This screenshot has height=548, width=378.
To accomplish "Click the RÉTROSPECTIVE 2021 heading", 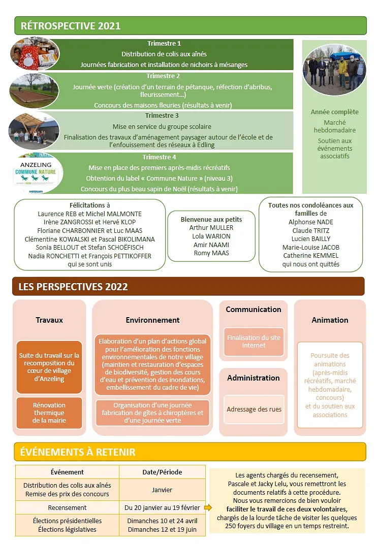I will point(70,26).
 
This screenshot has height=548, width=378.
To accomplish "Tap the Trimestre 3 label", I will point(162,116).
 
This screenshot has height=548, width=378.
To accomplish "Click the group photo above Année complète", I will point(334,71).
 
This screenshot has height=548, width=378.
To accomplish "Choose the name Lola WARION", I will point(211,236).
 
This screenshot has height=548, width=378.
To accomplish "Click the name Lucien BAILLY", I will point(311,238).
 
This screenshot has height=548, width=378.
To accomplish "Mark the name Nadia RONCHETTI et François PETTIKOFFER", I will point(90,256).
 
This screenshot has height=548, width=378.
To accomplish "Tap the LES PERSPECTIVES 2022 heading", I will point(73,287).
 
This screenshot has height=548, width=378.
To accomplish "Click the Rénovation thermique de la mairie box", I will point(49,413).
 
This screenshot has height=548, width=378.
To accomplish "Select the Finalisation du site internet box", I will point(254,341).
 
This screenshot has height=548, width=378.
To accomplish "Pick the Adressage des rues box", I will point(254,409).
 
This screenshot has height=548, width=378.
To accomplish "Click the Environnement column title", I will point(152,320).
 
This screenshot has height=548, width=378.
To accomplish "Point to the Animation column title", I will point(330,320).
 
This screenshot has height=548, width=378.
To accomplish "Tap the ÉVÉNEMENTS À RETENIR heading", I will point(78,452).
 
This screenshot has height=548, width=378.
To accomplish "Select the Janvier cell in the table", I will point(162,490).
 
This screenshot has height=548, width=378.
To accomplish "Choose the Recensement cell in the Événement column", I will point(67,507).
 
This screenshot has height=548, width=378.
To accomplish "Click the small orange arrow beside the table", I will point(208,507).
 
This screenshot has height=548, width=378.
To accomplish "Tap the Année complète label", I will point(334,112).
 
